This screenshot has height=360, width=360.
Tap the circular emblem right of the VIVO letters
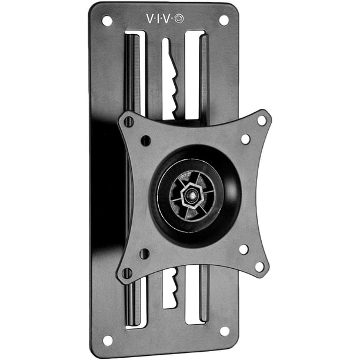[179, 19]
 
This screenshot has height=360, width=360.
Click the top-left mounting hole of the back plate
[107, 21]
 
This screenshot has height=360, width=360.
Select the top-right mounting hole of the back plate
[224, 21]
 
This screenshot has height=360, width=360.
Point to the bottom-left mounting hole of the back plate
[108, 340]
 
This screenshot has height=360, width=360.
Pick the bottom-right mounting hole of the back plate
[225, 331]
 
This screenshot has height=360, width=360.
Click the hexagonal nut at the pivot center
[191, 195]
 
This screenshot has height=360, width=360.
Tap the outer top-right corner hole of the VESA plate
[262, 121]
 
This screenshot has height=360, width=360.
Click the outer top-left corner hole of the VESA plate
[129, 121]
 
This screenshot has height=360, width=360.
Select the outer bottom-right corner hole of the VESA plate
[259, 266]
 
